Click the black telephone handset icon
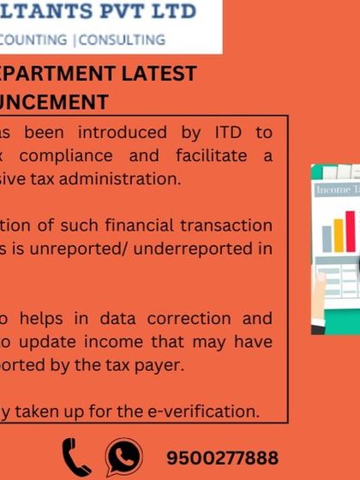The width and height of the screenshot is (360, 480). coord(75,456)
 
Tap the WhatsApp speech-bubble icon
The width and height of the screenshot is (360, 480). coord(124,456)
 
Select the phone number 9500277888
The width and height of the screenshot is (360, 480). coord(222,458)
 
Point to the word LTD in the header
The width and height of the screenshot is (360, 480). coord(172,12)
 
